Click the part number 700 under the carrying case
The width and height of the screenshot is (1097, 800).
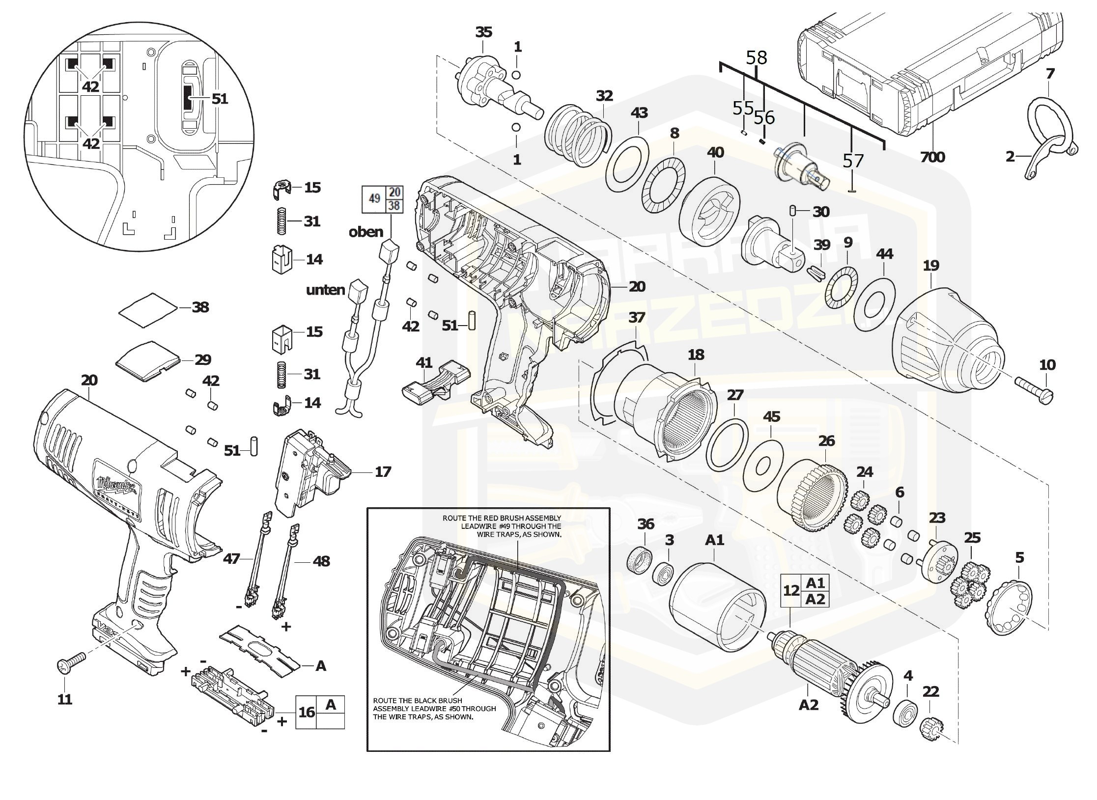click(932, 157)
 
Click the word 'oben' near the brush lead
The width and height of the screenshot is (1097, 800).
click(366, 232)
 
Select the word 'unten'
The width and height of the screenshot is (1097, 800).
click(325, 290)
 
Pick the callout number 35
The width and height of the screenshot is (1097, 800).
click(483, 32)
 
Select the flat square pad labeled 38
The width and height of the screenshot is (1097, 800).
click(148, 309)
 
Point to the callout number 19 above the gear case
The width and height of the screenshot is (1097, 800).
click(931, 266)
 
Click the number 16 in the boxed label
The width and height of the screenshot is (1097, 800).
click(307, 712)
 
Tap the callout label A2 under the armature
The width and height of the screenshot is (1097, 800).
click(809, 705)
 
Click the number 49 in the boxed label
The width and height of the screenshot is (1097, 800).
click(374, 199)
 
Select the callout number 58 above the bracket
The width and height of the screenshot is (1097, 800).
click(756, 57)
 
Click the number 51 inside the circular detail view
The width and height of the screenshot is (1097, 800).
click(220, 99)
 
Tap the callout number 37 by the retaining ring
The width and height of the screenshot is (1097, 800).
click(637, 318)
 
